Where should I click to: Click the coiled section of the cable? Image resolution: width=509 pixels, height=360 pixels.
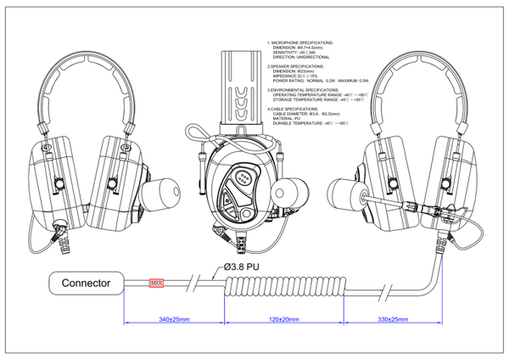[283, 290]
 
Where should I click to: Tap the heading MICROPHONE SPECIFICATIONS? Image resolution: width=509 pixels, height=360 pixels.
[301, 42]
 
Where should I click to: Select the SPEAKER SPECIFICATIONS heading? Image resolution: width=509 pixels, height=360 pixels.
[298, 65]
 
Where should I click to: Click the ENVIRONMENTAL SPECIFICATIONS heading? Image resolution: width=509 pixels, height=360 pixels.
[305, 88]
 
